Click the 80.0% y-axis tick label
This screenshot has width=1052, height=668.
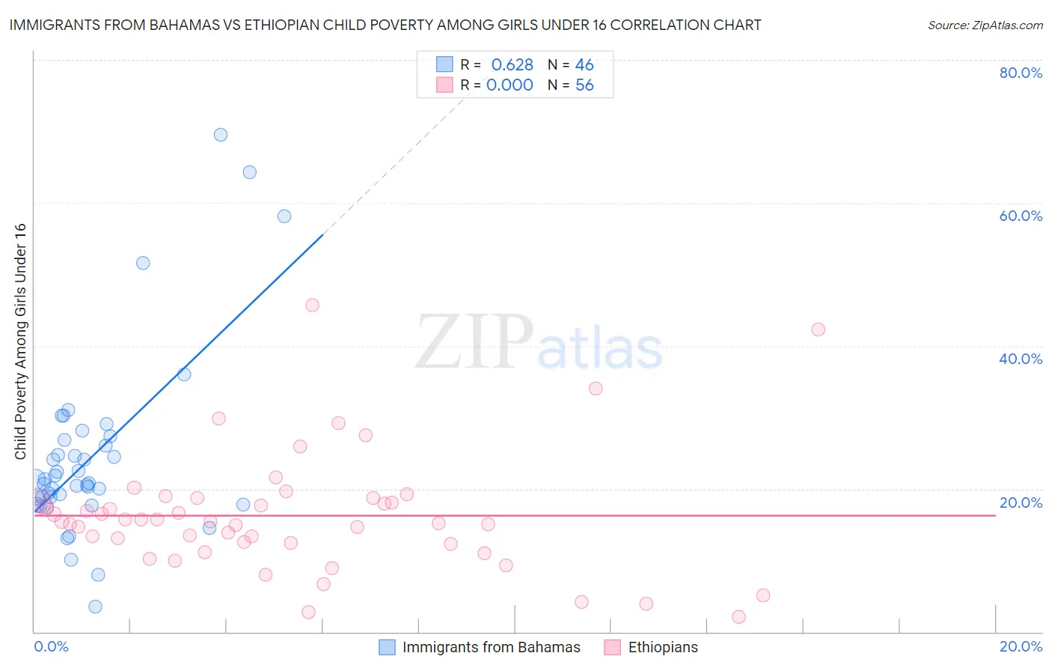pos(1021,73)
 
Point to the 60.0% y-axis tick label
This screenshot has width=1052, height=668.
pos(1021,216)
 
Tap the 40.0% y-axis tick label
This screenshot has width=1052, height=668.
pos(1021,359)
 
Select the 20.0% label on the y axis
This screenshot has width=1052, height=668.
pos(1021,502)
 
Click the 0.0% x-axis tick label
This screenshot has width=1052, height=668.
pos(52,646)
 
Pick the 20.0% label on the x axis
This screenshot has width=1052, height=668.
pos(1021,646)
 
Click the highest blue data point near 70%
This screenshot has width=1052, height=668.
pos(221,135)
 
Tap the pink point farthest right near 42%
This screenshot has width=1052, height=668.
pos(818,330)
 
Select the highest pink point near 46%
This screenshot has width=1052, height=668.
pos(313,305)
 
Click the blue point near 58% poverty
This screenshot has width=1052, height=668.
pos(284,216)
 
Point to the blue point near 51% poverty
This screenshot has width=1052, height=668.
pos(143,263)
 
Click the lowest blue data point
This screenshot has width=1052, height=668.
pos(95,607)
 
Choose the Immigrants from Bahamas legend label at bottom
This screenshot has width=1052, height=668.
pos(491,648)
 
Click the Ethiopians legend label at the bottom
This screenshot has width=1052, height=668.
pos(663,648)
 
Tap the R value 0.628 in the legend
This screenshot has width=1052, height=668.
pos(512,65)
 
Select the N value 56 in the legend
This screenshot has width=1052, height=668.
pos(584,85)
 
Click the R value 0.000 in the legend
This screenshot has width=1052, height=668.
pos(510,85)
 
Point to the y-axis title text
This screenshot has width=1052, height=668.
pos(20,341)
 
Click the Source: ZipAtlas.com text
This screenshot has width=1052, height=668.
pos(985,25)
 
